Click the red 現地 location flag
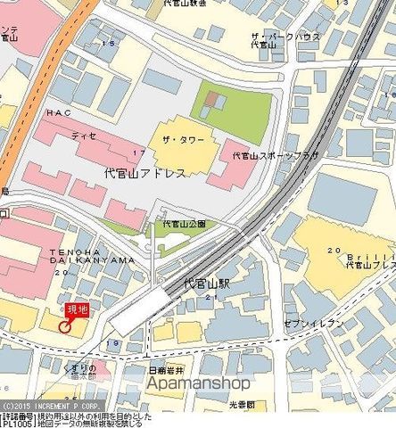pos(78,309)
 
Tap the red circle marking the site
pos(65,326)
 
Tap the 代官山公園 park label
pos(184,224)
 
